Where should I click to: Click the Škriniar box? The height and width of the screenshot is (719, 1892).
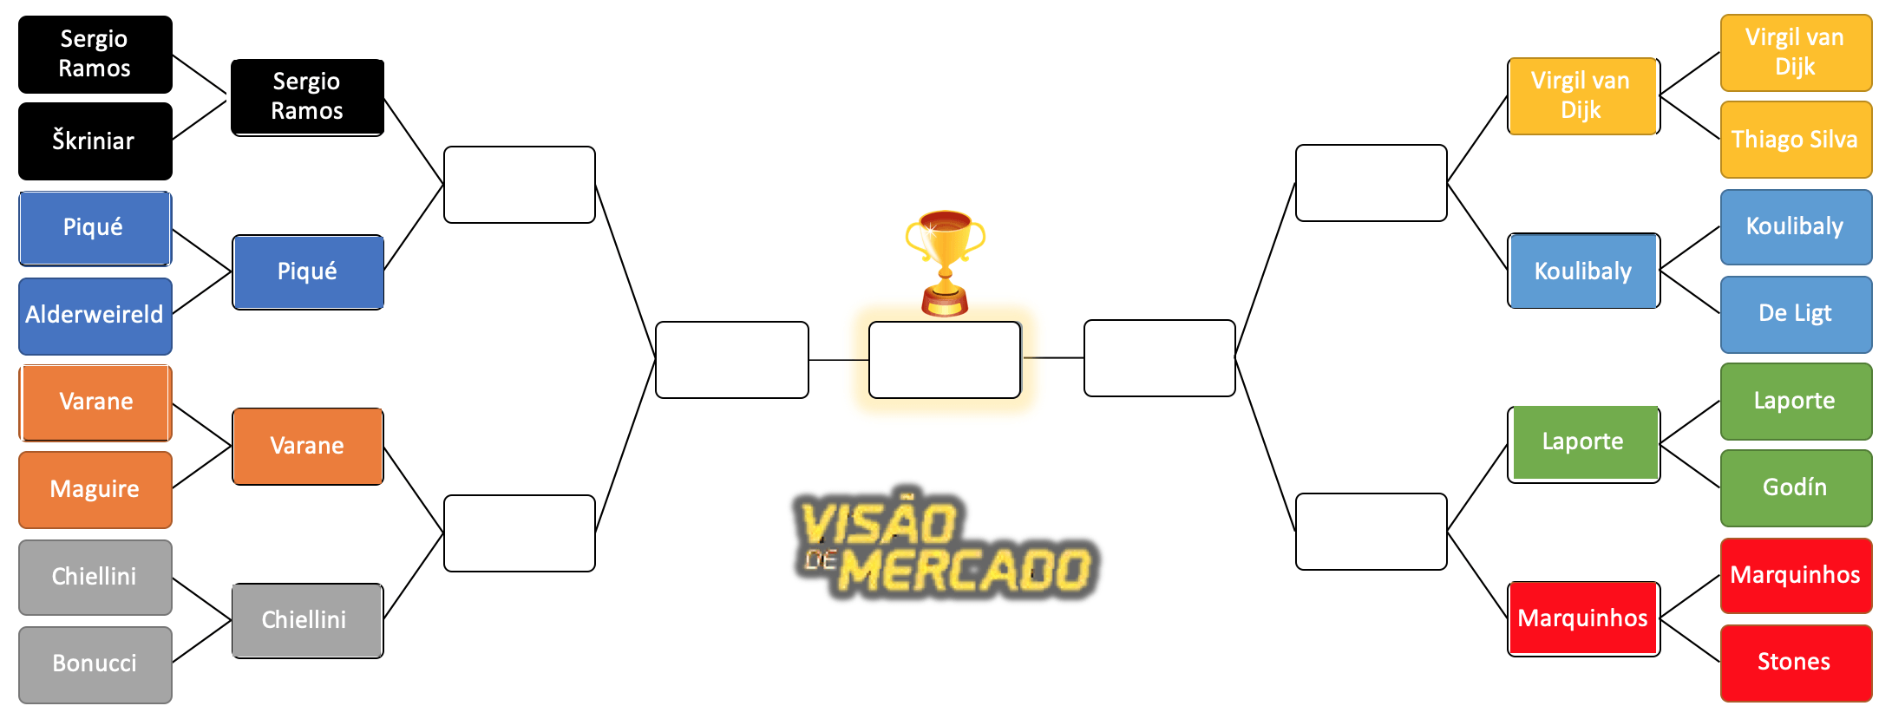click(95, 141)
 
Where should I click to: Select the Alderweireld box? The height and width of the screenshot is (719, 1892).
click(95, 315)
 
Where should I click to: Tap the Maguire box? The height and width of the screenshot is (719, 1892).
click(95, 489)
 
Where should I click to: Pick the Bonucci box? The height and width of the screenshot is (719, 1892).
click(95, 663)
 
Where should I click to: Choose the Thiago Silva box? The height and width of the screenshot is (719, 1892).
click(1795, 140)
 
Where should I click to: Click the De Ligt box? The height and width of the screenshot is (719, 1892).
click(1795, 313)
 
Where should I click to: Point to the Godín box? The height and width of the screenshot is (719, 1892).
click(1795, 487)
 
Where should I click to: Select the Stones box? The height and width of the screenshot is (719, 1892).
click(1795, 662)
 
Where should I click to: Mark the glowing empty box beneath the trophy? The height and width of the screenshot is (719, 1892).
click(945, 360)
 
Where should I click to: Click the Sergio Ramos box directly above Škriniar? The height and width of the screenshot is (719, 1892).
click(95, 54)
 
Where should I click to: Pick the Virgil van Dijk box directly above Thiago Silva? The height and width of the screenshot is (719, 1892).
click(1795, 52)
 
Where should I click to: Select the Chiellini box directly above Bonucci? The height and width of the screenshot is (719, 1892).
click(95, 577)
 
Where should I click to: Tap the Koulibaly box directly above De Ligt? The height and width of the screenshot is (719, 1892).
click(1795, 226)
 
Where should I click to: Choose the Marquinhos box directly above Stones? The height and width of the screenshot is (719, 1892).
click(1795, 575)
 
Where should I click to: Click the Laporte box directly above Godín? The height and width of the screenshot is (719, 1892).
click(1795, 401)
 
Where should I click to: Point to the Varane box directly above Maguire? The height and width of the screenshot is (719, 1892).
click(95, 402)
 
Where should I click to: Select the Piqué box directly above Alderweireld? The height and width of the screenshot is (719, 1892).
click(95, 228)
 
